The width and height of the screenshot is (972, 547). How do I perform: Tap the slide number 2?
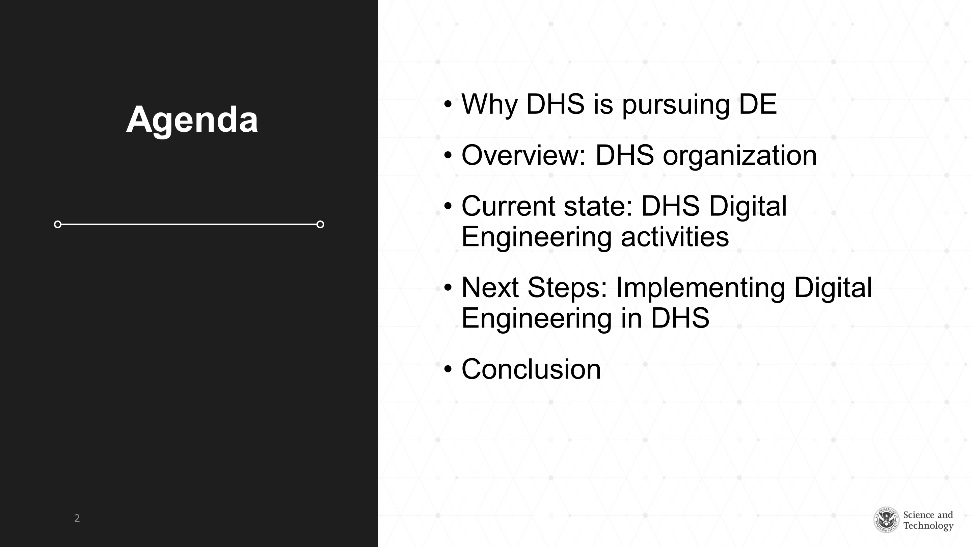coord(77,518)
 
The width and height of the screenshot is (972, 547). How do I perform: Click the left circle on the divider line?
coord(58,225)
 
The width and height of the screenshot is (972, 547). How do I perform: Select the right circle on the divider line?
coord(320,225)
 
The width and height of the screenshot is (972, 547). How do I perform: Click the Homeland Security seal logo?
coord(886,520)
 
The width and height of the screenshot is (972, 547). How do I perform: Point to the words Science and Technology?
coord(928,520)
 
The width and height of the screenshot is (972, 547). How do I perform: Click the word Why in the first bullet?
coord(489,105)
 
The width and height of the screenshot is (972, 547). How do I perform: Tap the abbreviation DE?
coord(758,104)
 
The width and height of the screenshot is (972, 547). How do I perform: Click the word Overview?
coord(524,155)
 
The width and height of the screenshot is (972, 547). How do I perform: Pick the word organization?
coord(740,156)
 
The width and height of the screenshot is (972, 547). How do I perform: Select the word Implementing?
coord(700,289)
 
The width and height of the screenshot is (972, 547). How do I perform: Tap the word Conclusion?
coord(531,369)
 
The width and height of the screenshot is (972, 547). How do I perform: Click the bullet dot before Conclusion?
coord(448,369)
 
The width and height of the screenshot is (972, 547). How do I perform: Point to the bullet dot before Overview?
coord(448,155)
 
